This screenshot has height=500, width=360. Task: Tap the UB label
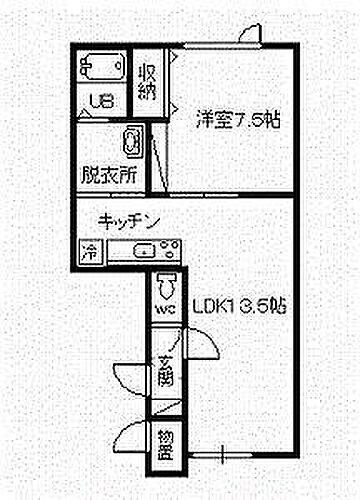pos(102,100)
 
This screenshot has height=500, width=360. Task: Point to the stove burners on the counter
pos(166,251)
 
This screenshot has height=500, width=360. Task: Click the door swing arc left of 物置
pos(131,436)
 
